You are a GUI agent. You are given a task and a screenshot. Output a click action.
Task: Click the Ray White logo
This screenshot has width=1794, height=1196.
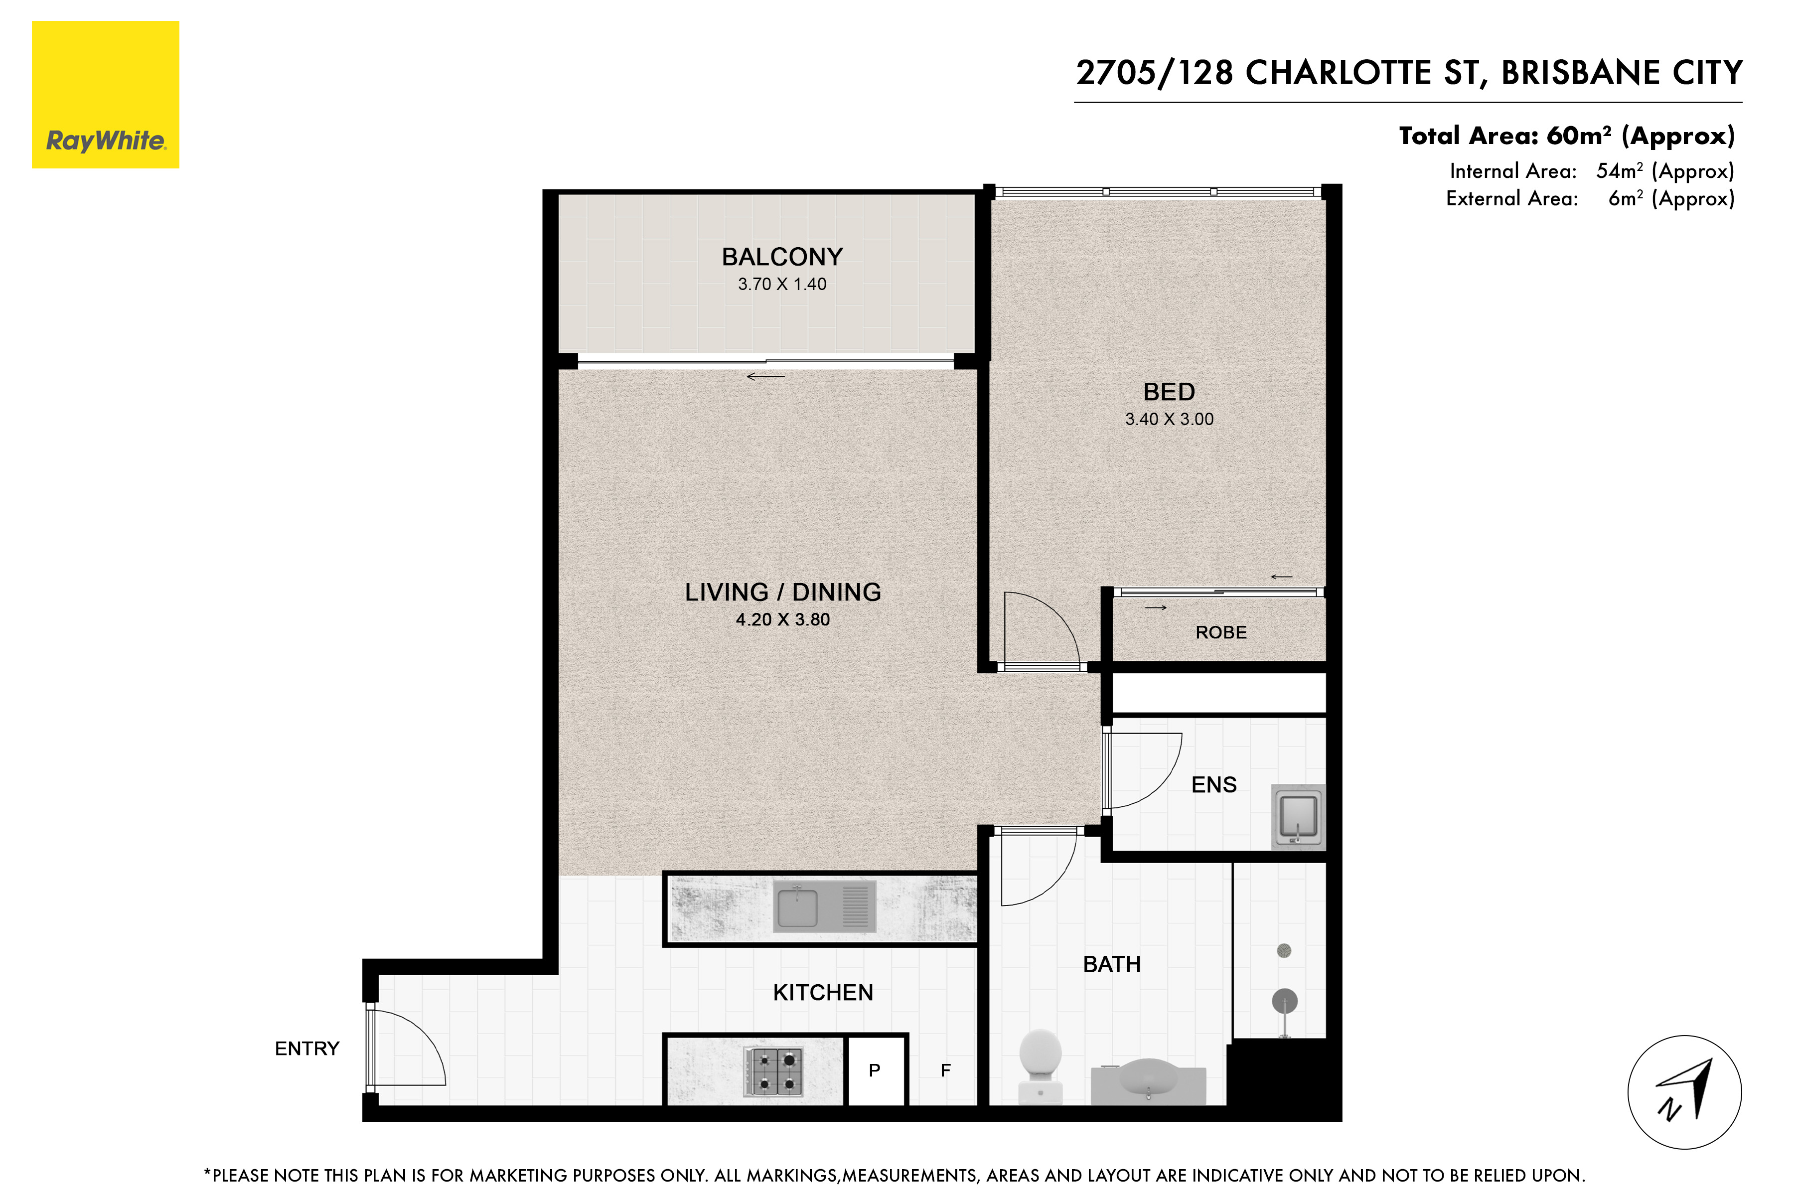105,95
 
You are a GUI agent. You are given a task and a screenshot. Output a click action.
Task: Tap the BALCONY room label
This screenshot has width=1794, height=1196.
782,257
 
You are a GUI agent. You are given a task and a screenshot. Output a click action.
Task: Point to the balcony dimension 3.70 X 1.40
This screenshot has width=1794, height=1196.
782,285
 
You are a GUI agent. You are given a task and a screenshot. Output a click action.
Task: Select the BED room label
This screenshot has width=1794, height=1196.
1169,392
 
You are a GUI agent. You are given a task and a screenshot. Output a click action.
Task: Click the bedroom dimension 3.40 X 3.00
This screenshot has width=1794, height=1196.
1169,420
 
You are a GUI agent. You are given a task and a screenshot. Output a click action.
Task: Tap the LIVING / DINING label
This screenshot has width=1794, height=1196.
782,593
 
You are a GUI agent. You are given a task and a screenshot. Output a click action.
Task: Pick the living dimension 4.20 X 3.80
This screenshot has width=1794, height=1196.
782,620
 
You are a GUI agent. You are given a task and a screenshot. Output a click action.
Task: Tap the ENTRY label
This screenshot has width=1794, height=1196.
306,1049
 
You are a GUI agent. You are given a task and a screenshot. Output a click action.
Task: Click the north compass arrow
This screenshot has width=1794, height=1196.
1686,1090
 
